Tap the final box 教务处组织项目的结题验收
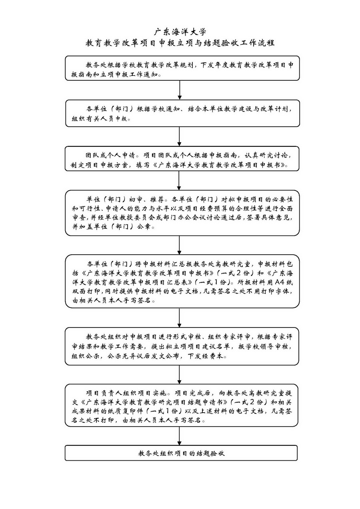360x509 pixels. click(x=181, y=453)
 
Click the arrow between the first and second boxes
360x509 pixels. click(x=180, y=90)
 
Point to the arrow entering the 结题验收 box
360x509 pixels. click(x=180, y=436)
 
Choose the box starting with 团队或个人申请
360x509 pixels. click(x=182, y=159)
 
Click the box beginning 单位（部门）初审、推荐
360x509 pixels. click(x=182, y=213)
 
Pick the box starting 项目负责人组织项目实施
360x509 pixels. click(x=182, y=407)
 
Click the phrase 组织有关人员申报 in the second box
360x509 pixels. click(x=101, y=119)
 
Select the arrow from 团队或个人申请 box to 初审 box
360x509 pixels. click(x=179, y=180)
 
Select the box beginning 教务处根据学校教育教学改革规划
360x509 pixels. click(x=182, y=68)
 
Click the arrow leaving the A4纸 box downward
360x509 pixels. click(x=179, y=317)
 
